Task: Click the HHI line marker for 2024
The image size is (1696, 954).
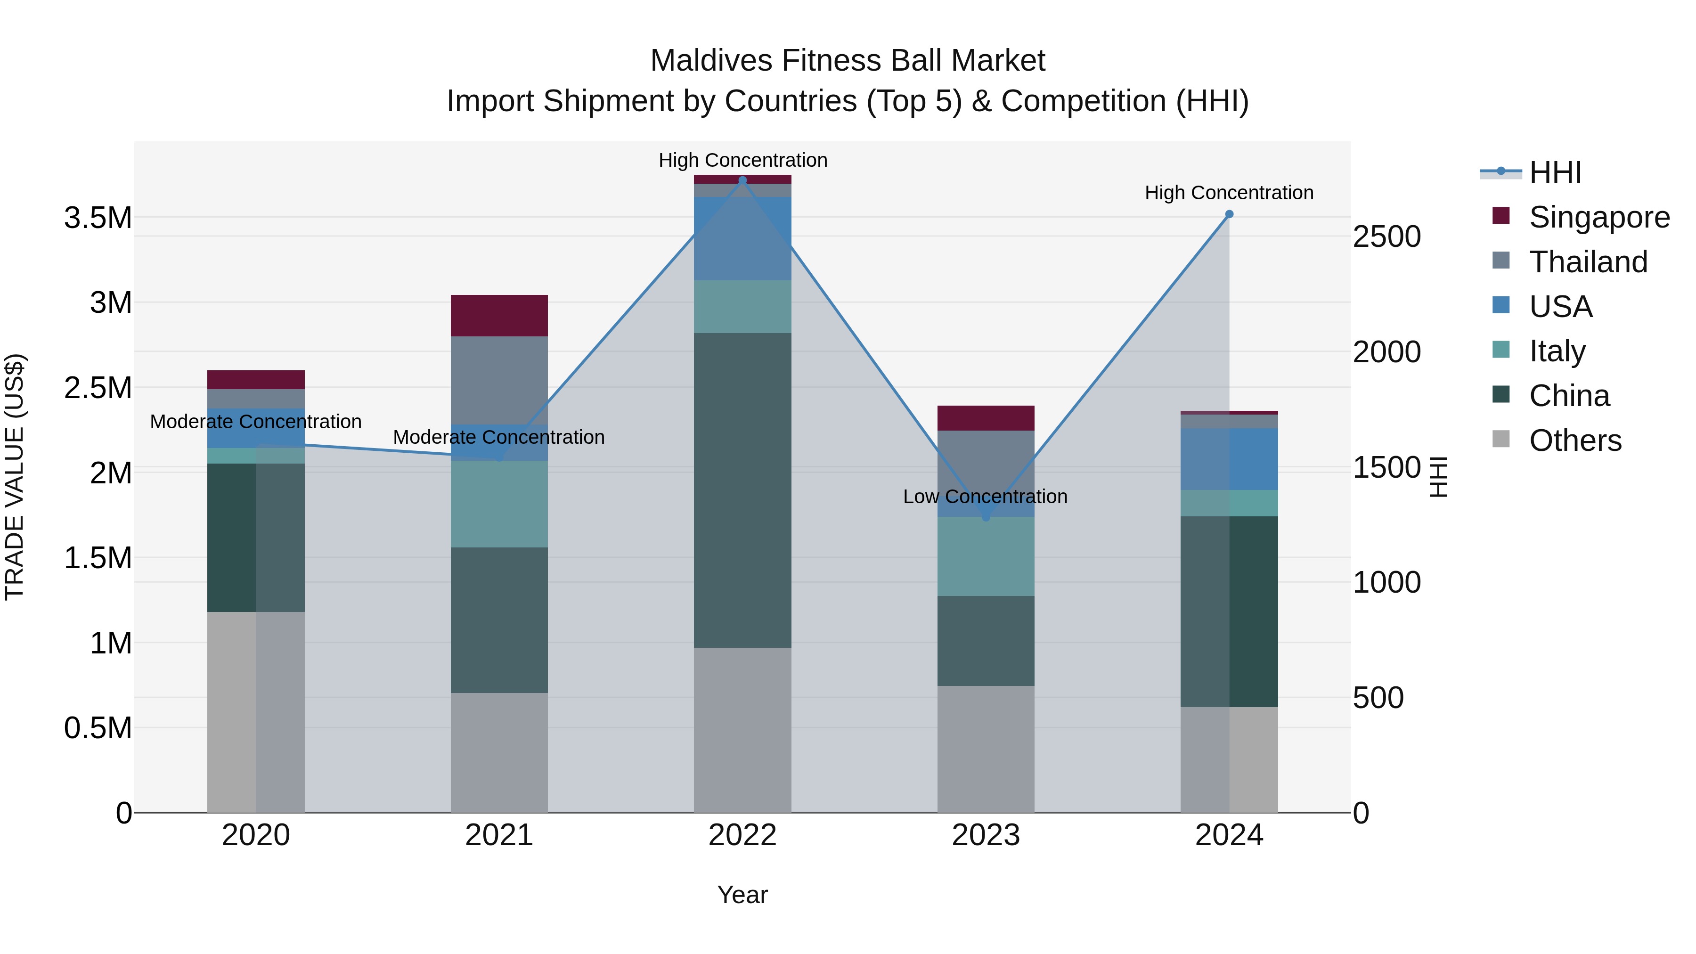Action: [x=1229, y=214]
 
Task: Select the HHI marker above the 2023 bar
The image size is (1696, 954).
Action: [x=986, y=517]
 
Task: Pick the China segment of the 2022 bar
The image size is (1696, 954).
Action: [x=742, y=490]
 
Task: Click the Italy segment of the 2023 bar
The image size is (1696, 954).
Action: [x=986, y=556]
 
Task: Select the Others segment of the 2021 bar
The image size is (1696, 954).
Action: [x=499, y=752]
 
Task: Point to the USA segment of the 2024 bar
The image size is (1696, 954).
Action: [x=1229, y=459]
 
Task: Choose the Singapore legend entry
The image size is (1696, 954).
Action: [x=1598, y=217]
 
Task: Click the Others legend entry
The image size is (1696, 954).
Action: [x=1575, y=440]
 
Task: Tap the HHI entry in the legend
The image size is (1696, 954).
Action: [x=1555, y=172]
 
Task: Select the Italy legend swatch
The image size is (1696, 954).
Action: [x=1501, y=350]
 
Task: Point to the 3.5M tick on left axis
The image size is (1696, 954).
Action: [x=98, y=218]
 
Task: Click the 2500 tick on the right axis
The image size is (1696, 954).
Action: [x=1386, y=237]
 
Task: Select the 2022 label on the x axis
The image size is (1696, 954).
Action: [x=742, y=835]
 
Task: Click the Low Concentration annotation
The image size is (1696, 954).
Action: [x=985, y=497]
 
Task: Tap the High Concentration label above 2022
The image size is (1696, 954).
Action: [x=742, y=160]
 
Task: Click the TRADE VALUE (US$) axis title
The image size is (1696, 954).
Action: [x=15, y=477]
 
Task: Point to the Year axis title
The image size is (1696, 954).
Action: [x=742, y=895]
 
